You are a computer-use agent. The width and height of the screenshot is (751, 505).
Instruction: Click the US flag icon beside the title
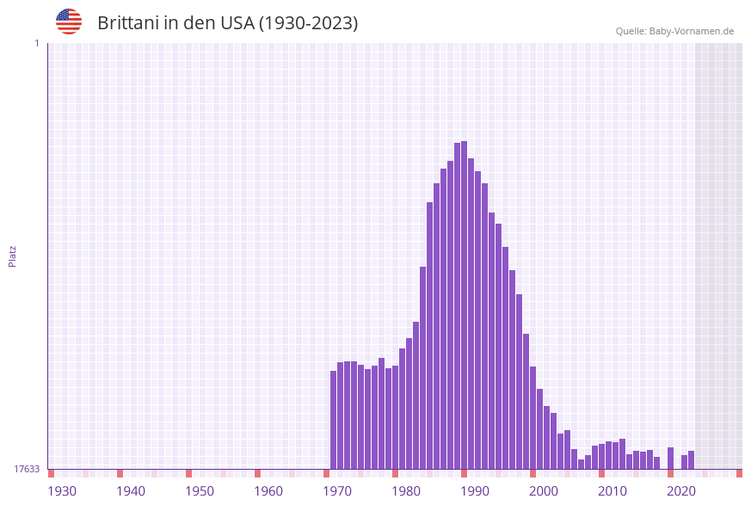[69, 22]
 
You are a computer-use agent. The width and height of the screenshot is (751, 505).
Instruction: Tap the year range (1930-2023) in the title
[308, 23]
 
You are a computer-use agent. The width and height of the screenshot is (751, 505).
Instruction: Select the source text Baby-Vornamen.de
[691, 31]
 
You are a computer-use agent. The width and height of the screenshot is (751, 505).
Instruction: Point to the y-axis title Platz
[13, 256]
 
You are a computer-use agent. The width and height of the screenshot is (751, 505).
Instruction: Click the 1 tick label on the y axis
[36, 43]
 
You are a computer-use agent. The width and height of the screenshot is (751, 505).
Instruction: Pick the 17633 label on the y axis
[27, 469]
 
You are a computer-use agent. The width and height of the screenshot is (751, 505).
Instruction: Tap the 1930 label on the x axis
[62, 491]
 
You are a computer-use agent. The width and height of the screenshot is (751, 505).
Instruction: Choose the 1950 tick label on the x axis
[200, 491]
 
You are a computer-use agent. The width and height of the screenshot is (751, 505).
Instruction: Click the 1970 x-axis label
[337, 491]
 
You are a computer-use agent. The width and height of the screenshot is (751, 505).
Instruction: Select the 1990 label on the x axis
[475, 491]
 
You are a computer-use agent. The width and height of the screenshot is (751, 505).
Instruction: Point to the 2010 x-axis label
[612, 491]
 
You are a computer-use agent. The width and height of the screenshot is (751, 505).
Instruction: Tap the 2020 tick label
[681, 491]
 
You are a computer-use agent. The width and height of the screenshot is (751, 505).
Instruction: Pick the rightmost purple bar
[691, 459]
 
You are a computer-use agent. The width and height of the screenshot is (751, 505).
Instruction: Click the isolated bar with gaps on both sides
[670, 458]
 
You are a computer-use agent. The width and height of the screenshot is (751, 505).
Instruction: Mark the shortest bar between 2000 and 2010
[581, 464]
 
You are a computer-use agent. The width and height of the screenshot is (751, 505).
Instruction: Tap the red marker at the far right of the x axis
[739, 473]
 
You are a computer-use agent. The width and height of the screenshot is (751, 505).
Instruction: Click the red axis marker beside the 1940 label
[120, 473]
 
